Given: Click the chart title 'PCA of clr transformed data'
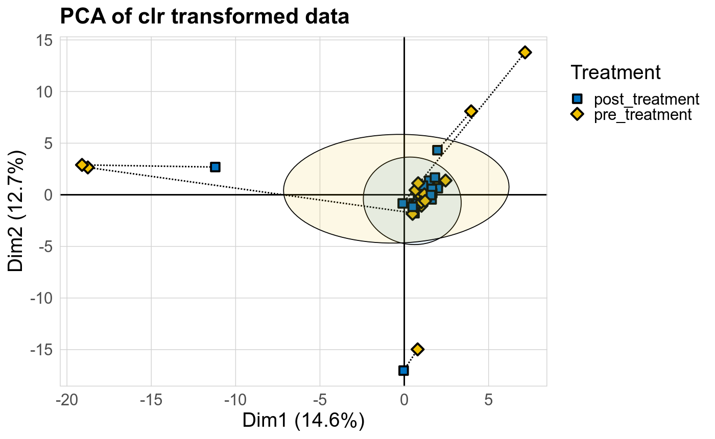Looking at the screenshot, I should click(x=204, y=17).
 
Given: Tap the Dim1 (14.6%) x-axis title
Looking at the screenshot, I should click(x=303, y=421).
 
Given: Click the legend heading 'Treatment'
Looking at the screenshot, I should click(x=616, y=72).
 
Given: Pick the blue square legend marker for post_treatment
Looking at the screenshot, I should click(x=577, y=99).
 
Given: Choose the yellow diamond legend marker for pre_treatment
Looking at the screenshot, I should click(x=577, y=114).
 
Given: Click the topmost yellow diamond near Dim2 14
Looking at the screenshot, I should click(x=525, y=52).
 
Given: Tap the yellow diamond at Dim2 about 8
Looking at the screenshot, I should click(x=471, y=111).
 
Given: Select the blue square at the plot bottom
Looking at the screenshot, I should click(x=403, y=370).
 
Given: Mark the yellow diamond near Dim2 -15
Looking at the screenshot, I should click(x=418, y=349).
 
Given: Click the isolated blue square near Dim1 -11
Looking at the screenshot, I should click(x=215, y=167).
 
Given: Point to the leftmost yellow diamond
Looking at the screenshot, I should click(x=82, y=165).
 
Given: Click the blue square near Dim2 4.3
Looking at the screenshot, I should click(x=437, y=150).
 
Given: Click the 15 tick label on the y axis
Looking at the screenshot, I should click(x=46, y=40).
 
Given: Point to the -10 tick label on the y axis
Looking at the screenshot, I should click(x=43, y=298).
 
